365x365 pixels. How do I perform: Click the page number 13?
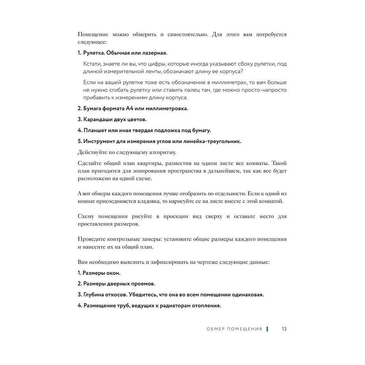pyautogui.click(x=284, y=329)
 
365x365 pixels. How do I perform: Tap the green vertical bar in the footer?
pyautogui.click(x=267, y=329)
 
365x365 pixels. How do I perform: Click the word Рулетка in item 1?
pyautogui.click(x=94, y=53)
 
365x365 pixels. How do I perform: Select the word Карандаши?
pyautogui.click(x=98, y=119)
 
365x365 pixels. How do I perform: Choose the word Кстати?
pyautogui.click(x=92, y=64)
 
